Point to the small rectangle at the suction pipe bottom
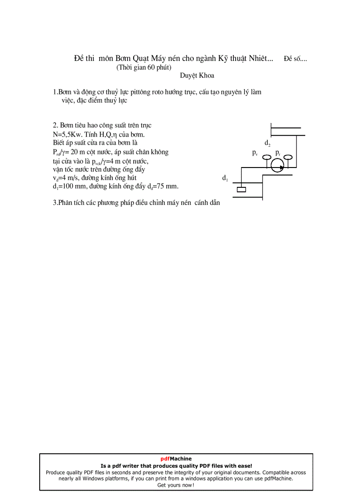click(241, 190)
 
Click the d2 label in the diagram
click(267, 143)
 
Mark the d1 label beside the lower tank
click(225, 178)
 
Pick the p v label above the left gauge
click(255, 153)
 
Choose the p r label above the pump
click(277, 153)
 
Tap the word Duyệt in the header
click(188, 75)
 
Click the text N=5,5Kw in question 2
click(65, 134)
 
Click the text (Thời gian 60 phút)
click(144, 67)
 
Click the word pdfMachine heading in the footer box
click(176, 458)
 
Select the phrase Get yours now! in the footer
click(176, 485)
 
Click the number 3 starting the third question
click(54, 203)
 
